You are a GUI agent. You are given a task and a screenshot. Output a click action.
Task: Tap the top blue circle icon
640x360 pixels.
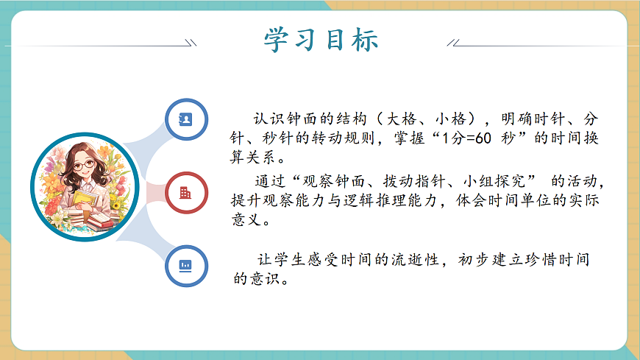[186, 119]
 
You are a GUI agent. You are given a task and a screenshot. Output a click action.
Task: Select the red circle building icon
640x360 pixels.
[186, 192]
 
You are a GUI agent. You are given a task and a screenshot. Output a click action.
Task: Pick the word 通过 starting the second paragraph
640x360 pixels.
[270, 181]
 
